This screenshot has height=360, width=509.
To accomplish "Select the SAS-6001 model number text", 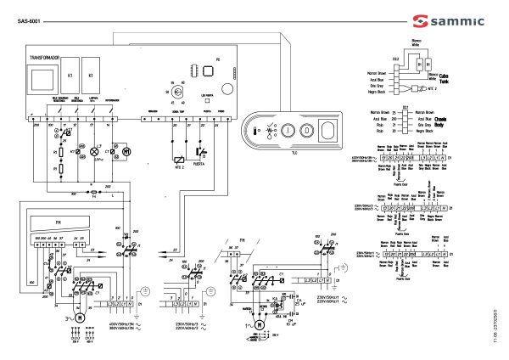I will tap(29, 20).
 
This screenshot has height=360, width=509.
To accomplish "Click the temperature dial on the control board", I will tap(177, 87).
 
